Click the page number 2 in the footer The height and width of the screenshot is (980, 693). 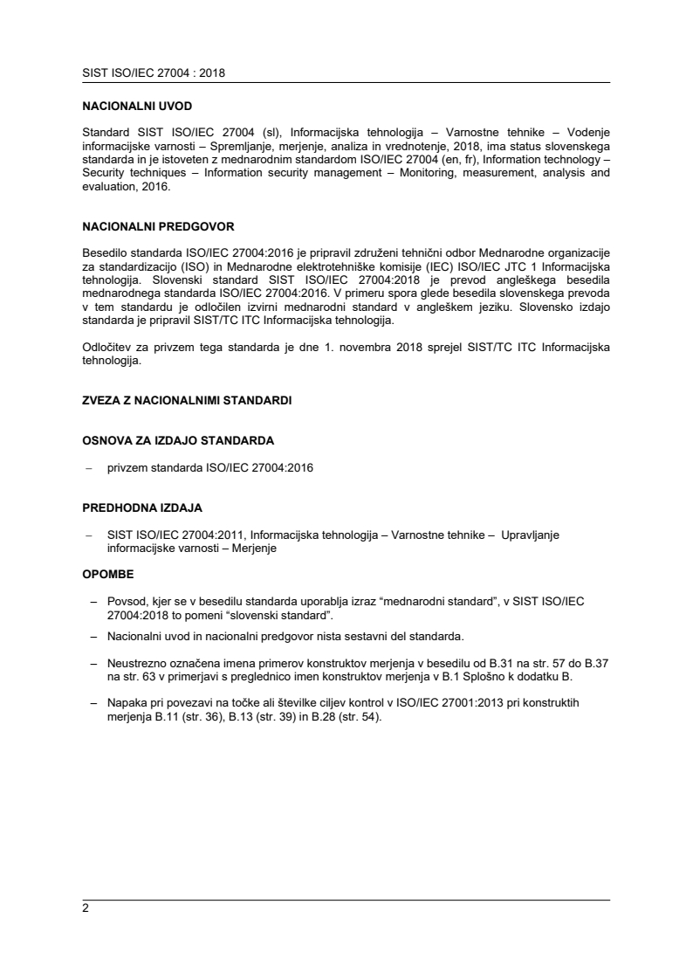(x=86, y=908)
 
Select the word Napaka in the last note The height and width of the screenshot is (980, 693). (x=127, y=704)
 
